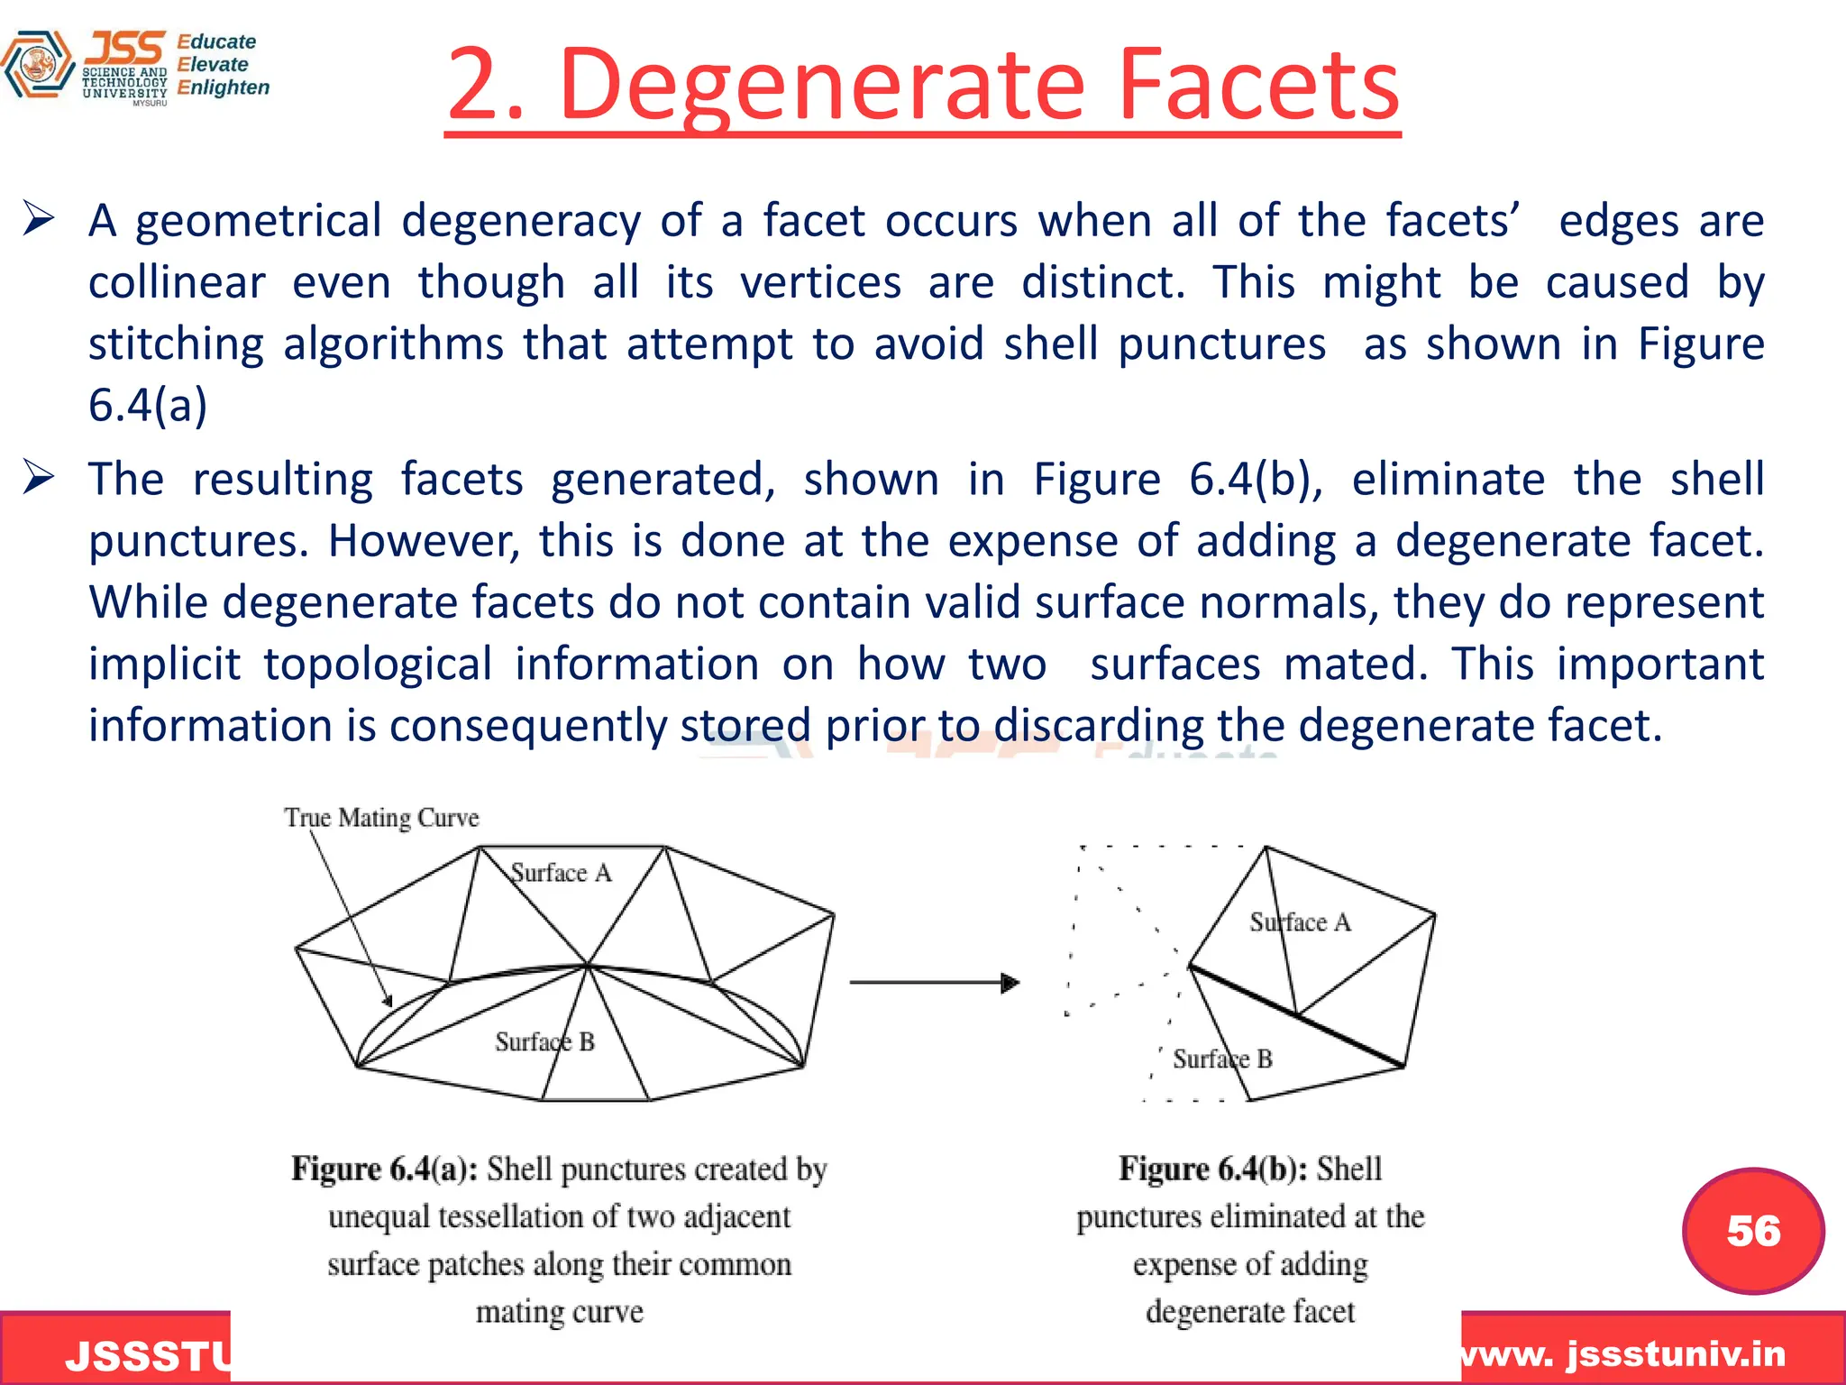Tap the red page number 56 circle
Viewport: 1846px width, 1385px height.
pyautogui.click(x=1753, y=1231)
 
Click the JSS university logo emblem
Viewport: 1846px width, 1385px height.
pyautogui.click(x=38, y=65)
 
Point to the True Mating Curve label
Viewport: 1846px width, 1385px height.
pyautogui.click(x=381, y=818)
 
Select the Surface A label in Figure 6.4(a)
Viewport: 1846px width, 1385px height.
pyautogui.click(x=561, y=873)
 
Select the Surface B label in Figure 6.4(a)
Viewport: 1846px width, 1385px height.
pyautogui.click(x=544, y=1042)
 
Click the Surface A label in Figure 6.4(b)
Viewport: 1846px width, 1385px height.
pyautogui.click(x=1300, y=922)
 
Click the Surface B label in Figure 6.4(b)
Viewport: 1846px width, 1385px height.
pyautogui.click(x=1222, y=1059)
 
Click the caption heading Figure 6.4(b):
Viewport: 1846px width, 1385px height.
pyautogui.click(x=1213, y=1169)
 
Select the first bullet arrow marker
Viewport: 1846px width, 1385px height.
pyautogui.click(x=39, y=219)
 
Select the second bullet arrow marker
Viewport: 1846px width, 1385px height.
pyautogui.click(x=39, y=477)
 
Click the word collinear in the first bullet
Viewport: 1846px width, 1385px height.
pyautogui.click(x=177, y=282)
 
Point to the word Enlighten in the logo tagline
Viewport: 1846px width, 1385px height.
pyautogui.click(x=223, y=87)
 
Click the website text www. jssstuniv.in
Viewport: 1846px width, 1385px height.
pyautogui.click(x=1622, y=1354)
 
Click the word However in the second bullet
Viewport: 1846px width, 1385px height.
pyautogui.click(x=423, y=542)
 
